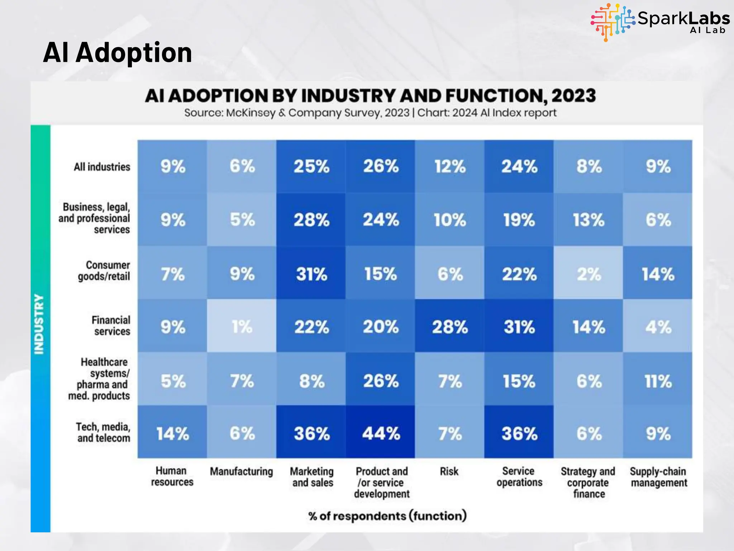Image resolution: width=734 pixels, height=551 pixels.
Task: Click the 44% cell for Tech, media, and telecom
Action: [381, 433]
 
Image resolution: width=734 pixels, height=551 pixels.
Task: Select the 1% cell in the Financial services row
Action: [242, 326]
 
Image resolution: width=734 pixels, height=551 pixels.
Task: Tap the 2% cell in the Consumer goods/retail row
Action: [588, 274]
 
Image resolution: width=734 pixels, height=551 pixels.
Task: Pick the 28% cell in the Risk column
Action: [450, 326]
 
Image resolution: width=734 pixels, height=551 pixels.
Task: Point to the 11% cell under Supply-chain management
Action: [658, 381]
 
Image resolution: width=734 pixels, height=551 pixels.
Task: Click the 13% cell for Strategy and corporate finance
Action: [588, 220]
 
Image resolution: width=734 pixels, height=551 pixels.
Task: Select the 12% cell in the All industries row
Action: [450, 166]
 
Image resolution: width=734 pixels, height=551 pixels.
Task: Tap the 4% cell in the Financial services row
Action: [658, 326]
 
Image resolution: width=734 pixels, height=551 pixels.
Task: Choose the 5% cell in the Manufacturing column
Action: [242, 220]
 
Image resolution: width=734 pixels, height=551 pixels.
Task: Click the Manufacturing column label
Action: [241, 471]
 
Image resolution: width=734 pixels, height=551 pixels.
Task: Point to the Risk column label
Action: [449, 471]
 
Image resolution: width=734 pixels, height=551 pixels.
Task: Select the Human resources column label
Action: [172, 476]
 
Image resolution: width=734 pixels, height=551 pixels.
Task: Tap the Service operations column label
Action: [519, 477]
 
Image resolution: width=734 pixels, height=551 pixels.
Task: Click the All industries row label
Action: [102, 167]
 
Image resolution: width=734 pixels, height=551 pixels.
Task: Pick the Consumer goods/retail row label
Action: [104, 270]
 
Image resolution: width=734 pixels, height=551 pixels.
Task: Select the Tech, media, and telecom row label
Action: [103, 432]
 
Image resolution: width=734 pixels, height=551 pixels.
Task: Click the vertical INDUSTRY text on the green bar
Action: [39, 324]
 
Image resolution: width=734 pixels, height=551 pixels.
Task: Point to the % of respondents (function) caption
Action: [387, 516]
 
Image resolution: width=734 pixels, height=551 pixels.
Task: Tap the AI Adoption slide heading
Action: [118, 52]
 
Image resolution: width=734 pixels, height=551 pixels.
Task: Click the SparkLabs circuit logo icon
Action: [613, 22]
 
